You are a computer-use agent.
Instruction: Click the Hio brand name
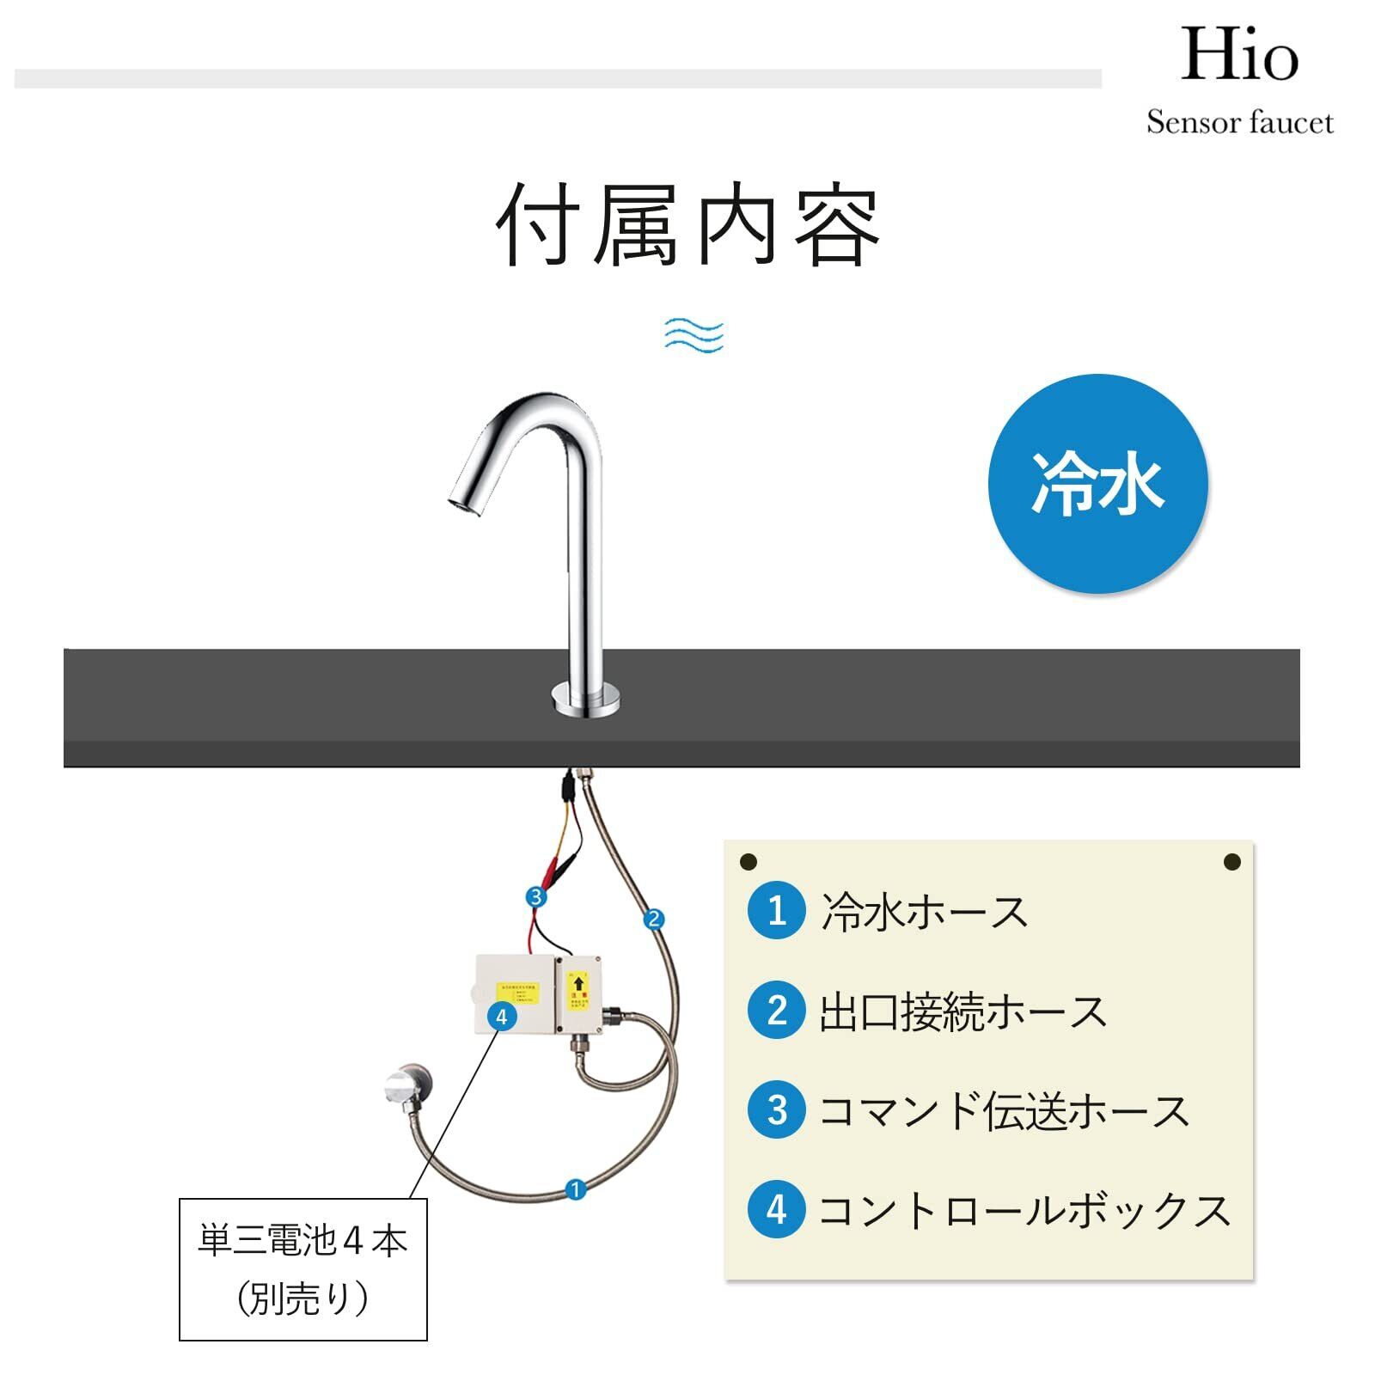(x=1238, y=56)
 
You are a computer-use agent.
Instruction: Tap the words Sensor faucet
(x=1239, y=123)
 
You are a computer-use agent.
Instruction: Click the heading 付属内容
(x=688, y=226)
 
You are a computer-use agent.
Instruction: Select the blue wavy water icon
(x=694, y=335)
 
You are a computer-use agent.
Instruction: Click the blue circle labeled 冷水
(x=1097, y=484)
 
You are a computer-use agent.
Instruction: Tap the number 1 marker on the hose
(x=576, y=1189)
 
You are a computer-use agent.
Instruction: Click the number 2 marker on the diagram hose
(x=653, y=920)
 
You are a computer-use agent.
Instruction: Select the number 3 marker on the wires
(x=536, y=897)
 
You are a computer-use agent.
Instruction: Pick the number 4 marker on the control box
(x=501, y=1017)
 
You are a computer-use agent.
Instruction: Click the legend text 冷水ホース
(x=924, y=911)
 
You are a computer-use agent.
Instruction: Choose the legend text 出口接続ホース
(x=962, y=1011)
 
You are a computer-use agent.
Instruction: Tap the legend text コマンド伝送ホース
(x=1003, y=1110)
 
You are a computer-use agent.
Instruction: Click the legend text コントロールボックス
(x=1024, y=1210)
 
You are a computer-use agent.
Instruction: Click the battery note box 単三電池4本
(x=302, y=1268)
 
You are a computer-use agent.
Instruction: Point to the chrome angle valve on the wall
(x=407, y=1086)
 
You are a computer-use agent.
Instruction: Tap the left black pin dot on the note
(x=748, y=861)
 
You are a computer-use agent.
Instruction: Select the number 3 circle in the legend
(x=777, y=1110)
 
